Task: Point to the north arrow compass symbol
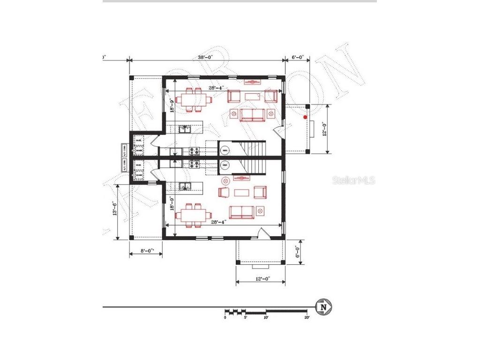[323, 307]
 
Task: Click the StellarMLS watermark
[354, 180]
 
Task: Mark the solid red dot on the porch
[305, 117]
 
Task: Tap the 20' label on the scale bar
[307, 317]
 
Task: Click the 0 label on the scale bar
[225, 317]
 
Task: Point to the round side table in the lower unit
[225, 180]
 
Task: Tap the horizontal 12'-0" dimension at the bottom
[260, 279]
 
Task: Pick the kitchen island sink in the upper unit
[185, 129]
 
